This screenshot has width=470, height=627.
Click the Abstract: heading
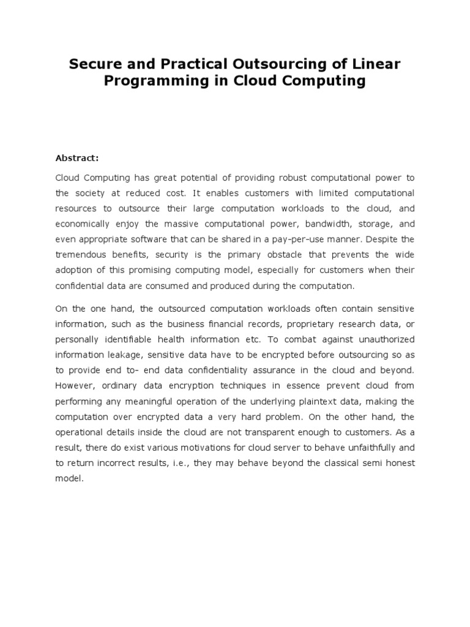77,158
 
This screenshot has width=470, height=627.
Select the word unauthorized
382,339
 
